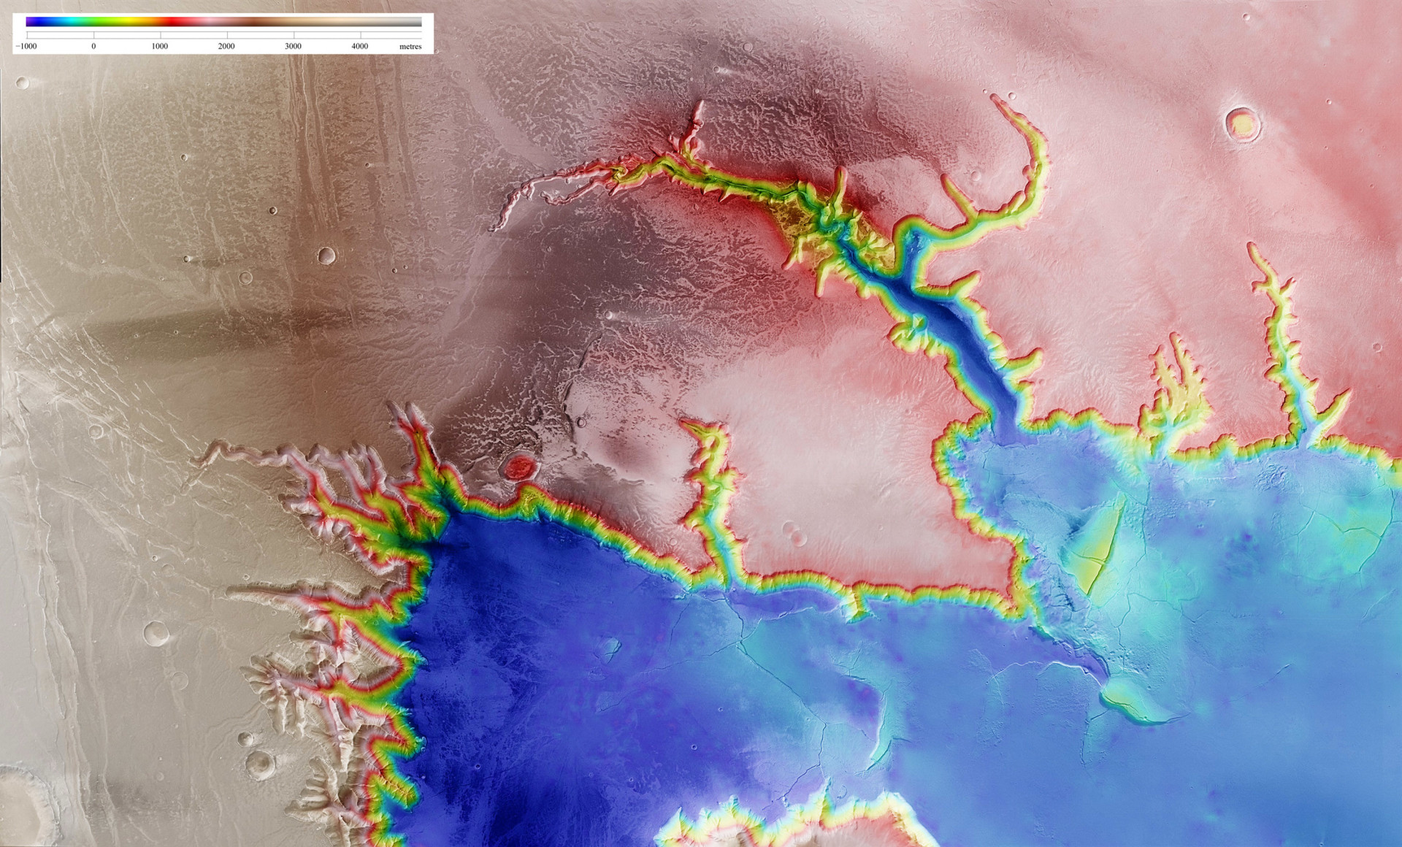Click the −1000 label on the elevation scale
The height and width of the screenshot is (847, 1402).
27,46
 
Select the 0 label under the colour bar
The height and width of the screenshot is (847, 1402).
93,46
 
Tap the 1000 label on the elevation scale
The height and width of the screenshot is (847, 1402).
160,46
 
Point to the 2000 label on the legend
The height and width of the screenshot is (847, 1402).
226,46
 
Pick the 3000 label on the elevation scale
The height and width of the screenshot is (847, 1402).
293,46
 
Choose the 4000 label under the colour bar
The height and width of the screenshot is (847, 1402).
360,46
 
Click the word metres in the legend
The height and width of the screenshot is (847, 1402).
410,46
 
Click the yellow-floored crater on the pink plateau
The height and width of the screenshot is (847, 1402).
1242,124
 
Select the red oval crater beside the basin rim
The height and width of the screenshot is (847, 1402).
520,467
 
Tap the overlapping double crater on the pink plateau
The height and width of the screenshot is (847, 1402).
794,533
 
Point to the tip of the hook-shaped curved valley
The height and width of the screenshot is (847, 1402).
997,100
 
